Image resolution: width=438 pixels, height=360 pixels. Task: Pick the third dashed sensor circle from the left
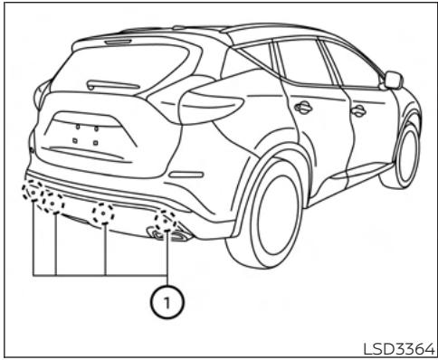pyautogui.click(x=106, y=215)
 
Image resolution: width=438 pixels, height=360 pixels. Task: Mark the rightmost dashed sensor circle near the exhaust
pyautogui.click(x=165, y=222)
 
